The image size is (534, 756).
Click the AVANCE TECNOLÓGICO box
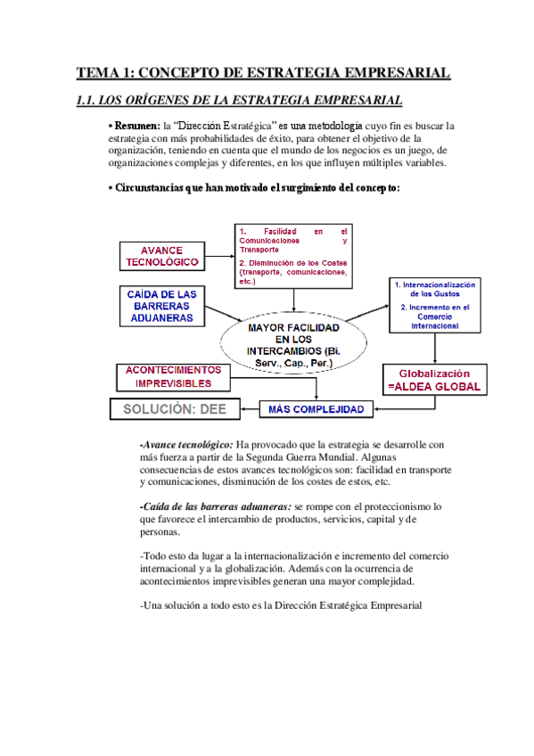tap(161, 257)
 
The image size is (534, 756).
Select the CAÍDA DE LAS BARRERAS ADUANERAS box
tap(161, 305)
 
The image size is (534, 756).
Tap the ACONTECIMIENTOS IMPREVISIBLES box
tap(167, 376)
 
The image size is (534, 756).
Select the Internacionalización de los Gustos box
tap(434, 306)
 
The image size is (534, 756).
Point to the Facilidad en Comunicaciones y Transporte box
tap(293, 255)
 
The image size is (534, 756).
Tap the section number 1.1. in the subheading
tap(91, 101)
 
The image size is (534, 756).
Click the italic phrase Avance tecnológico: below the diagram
tap(187, 444)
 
